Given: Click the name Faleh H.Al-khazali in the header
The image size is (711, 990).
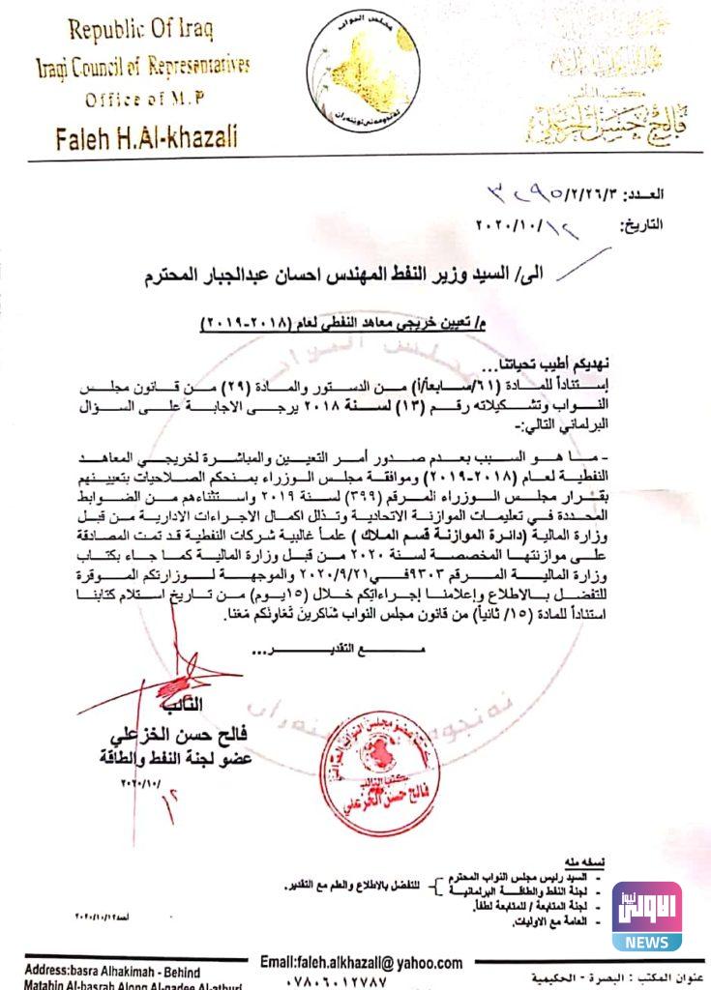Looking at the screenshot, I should [x=147, y=135].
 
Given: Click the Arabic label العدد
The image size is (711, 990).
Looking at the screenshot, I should [x=667, y=195].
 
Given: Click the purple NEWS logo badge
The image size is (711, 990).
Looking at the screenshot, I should [x=646, y=916].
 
